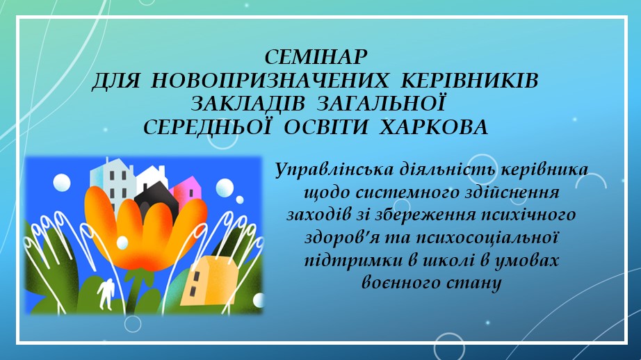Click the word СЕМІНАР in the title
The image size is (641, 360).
coord(316,57)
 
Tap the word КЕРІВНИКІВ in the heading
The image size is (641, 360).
coord(470,81)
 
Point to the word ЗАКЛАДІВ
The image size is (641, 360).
coord(248,104)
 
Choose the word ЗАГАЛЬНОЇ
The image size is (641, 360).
coord(381,103)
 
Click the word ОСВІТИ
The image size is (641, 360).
coord(326,127)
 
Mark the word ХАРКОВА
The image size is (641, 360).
coord(434,127)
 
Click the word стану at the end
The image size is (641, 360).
coord(475,284)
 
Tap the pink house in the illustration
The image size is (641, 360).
coord(188,192)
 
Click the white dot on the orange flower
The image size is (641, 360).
coord(122,243)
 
